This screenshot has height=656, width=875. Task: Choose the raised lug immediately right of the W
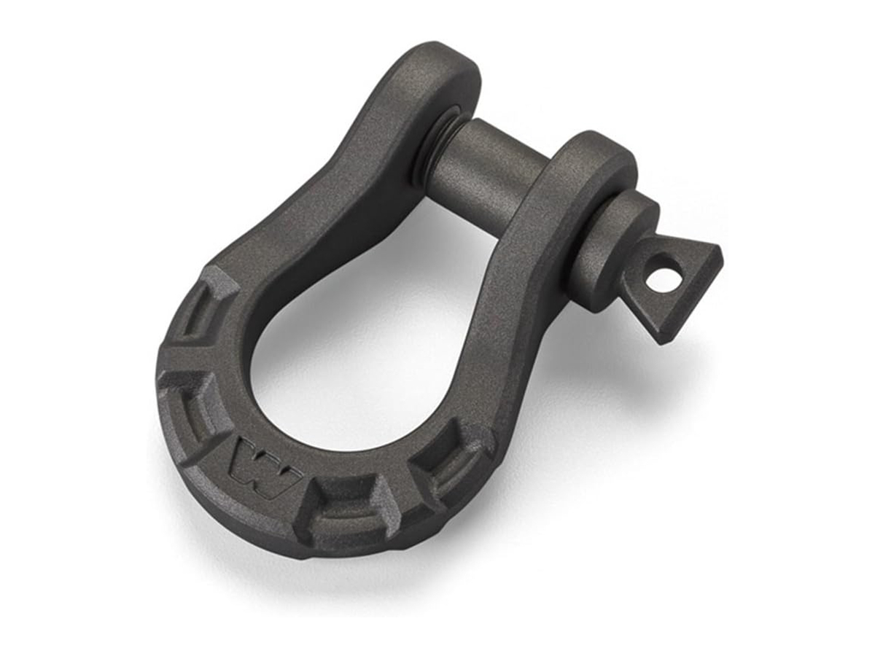pyautogui.click(x=343, y=510)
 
